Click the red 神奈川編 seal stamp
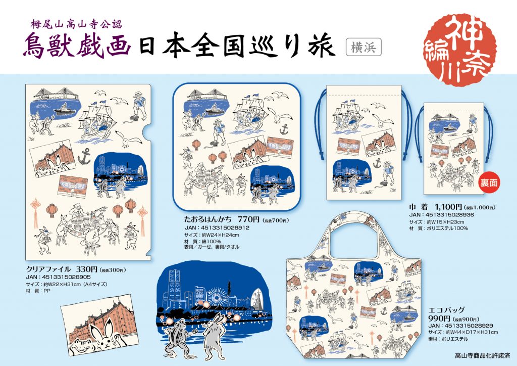click(460, 50)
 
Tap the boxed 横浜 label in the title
click(364, 47)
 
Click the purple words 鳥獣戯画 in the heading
click(77, 46)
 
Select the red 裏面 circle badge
click(488, 182)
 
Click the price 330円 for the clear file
click(87, 269)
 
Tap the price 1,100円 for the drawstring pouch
click(448, 207)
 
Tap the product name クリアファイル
click(48, 269)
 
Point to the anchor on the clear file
click(84, 156)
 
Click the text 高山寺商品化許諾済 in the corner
click(482, 356)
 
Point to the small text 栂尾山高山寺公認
click(77, 24)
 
